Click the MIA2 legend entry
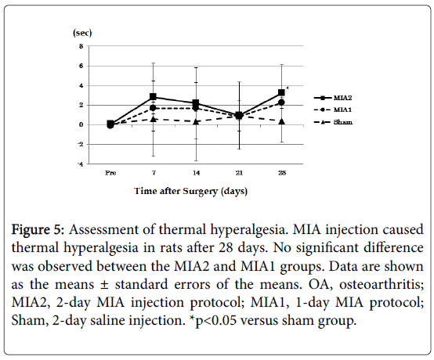click(x=333, y=98)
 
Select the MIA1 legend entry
click(x=333, y=110)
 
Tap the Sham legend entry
click(x=333, y=122)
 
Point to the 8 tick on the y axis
click(x=81, y=46)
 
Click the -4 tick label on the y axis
click(x=81, y=164)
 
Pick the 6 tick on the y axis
click(x=81, y=66)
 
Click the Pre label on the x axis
click(x=110, y=173)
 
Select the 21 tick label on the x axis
click(x=239, y=173)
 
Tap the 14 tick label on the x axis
click(x=197, y=173)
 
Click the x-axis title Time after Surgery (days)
click(x=190, y=191)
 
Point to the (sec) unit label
click(x=82, y=33)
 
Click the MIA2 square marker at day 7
click(x=153, y=97)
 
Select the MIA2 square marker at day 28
click(x=281, y=92)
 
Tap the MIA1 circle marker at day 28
click(x=281, y=103)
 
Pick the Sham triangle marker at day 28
click(x=282, y=121)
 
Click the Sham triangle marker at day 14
click(x=196, y=121)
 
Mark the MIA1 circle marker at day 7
click(x=153, y=108)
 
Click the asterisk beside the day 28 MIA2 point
click(x=288, y=88)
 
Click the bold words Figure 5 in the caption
click(x=38, y=230)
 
